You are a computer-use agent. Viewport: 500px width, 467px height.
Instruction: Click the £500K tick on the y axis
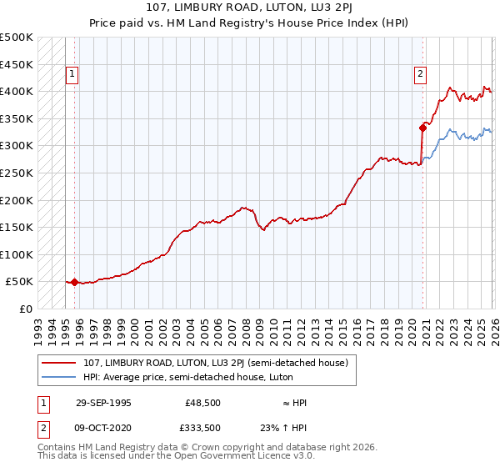[17, 38]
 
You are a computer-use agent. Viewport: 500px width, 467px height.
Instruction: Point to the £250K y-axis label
[17, 173]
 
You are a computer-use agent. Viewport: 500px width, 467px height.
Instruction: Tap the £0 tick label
[26, 309]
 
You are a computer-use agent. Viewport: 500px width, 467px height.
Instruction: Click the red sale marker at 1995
[75, 283]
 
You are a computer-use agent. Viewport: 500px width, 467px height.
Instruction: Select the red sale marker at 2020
[422, 128]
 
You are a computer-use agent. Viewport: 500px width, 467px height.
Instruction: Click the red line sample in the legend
[60, 363]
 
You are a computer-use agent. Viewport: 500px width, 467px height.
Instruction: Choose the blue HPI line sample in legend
[60, 377]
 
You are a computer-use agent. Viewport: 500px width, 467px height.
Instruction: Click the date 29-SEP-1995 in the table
[103, 403]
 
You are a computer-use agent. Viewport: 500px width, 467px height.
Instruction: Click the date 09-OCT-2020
[103, 428]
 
